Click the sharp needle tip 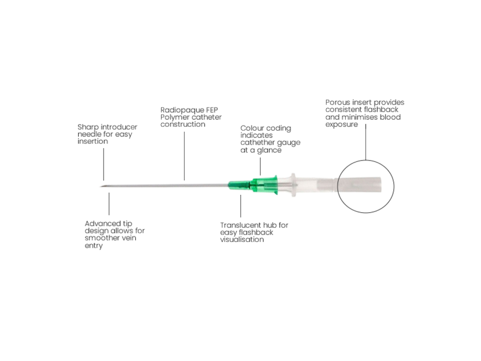click(101, 186)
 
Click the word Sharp click(88, 128)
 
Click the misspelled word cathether click(255, 142)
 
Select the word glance click(269, 150)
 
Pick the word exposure click(342, 125)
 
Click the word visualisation click(242, 239)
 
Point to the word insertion click(93, 141)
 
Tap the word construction click(183, 124)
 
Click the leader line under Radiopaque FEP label click(184, 156)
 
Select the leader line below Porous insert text click(366, 142)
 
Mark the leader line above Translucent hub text click(241, 206)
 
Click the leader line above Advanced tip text click(109, 204)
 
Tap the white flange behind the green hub click(293, 185)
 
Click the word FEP click(211, 110)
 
